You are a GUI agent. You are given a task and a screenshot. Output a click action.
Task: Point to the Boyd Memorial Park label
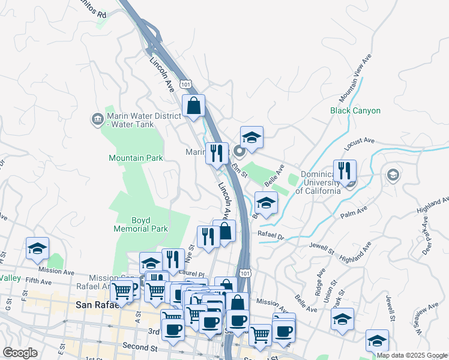141,224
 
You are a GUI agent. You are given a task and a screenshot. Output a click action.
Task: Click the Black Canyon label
355,110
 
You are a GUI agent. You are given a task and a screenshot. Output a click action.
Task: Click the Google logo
20,353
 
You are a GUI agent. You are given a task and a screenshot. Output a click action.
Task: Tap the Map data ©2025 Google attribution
412,355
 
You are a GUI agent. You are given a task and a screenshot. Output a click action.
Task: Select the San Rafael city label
100,305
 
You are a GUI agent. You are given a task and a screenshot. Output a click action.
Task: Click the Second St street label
139,346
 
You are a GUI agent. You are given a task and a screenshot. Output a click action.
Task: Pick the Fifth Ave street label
38,280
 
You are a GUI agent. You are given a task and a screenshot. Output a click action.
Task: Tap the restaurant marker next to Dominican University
345,170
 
